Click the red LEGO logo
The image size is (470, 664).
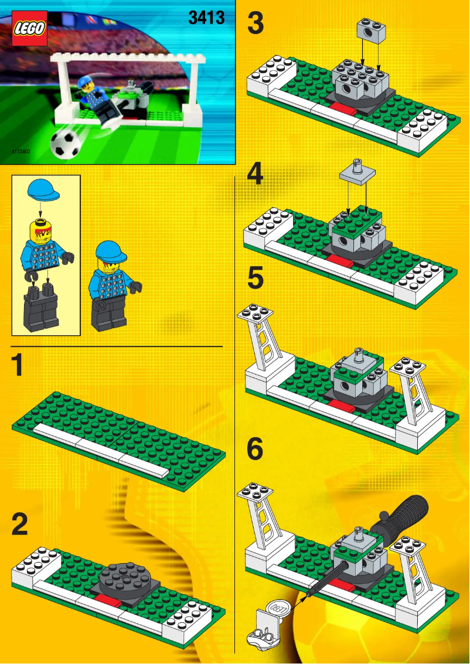pyautogui.click(x=29, y=29)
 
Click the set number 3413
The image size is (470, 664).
pyautogui.click(x=206, y=18)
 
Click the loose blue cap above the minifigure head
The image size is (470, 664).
pyautogui.click(x=42, y=190)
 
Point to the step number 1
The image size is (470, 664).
pyautogui.click(x=19, y=365)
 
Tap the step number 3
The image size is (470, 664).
pyautogui.click(x=256, y=24)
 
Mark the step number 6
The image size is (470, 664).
pyautogui.click(x=255, y=449)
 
